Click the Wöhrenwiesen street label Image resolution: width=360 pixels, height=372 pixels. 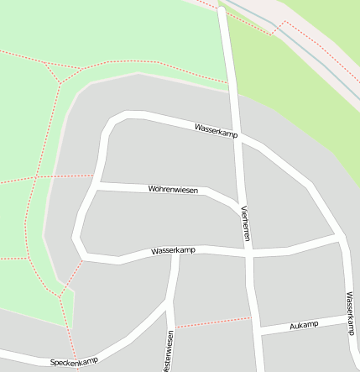point(173,191)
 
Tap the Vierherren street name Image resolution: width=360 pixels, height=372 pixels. point(245,223)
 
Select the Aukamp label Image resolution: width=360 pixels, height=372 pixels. point(304,325)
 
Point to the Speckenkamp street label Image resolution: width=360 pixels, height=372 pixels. point(74,362)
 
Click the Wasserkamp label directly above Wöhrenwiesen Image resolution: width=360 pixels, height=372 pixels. point(216,130)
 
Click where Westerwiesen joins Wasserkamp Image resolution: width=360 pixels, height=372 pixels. point(175,253)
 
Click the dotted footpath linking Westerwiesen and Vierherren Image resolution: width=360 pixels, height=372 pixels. point(214,322)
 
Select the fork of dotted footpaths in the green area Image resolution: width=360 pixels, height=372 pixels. point(60,82)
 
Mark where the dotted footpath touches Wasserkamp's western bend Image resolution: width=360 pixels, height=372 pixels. point(81,261)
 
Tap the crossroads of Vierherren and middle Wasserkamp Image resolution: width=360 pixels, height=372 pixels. point(249,254)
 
